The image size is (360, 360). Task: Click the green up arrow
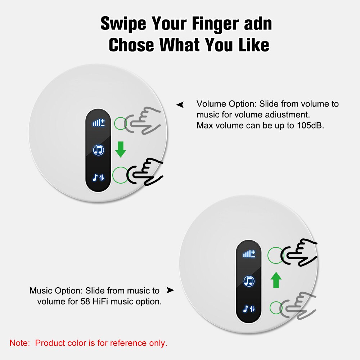[x=276, y=280]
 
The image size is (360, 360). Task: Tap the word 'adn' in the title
[x=257, y=24]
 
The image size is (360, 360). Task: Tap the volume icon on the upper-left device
[x=98, y=123]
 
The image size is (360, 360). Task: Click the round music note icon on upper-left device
[x=98, y=150]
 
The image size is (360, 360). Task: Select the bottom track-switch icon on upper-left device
[x=98, y=177]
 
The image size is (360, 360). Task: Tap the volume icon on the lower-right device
[x=249, y=254]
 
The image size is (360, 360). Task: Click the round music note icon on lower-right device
[x=249, y=281]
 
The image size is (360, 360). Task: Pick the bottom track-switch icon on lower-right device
[x=249, y=308]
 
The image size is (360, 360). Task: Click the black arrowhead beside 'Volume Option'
[x=180, y=105]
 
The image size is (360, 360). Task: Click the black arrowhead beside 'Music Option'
[x=170, y=290]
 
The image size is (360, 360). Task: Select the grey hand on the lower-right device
[x=299, y=306]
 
